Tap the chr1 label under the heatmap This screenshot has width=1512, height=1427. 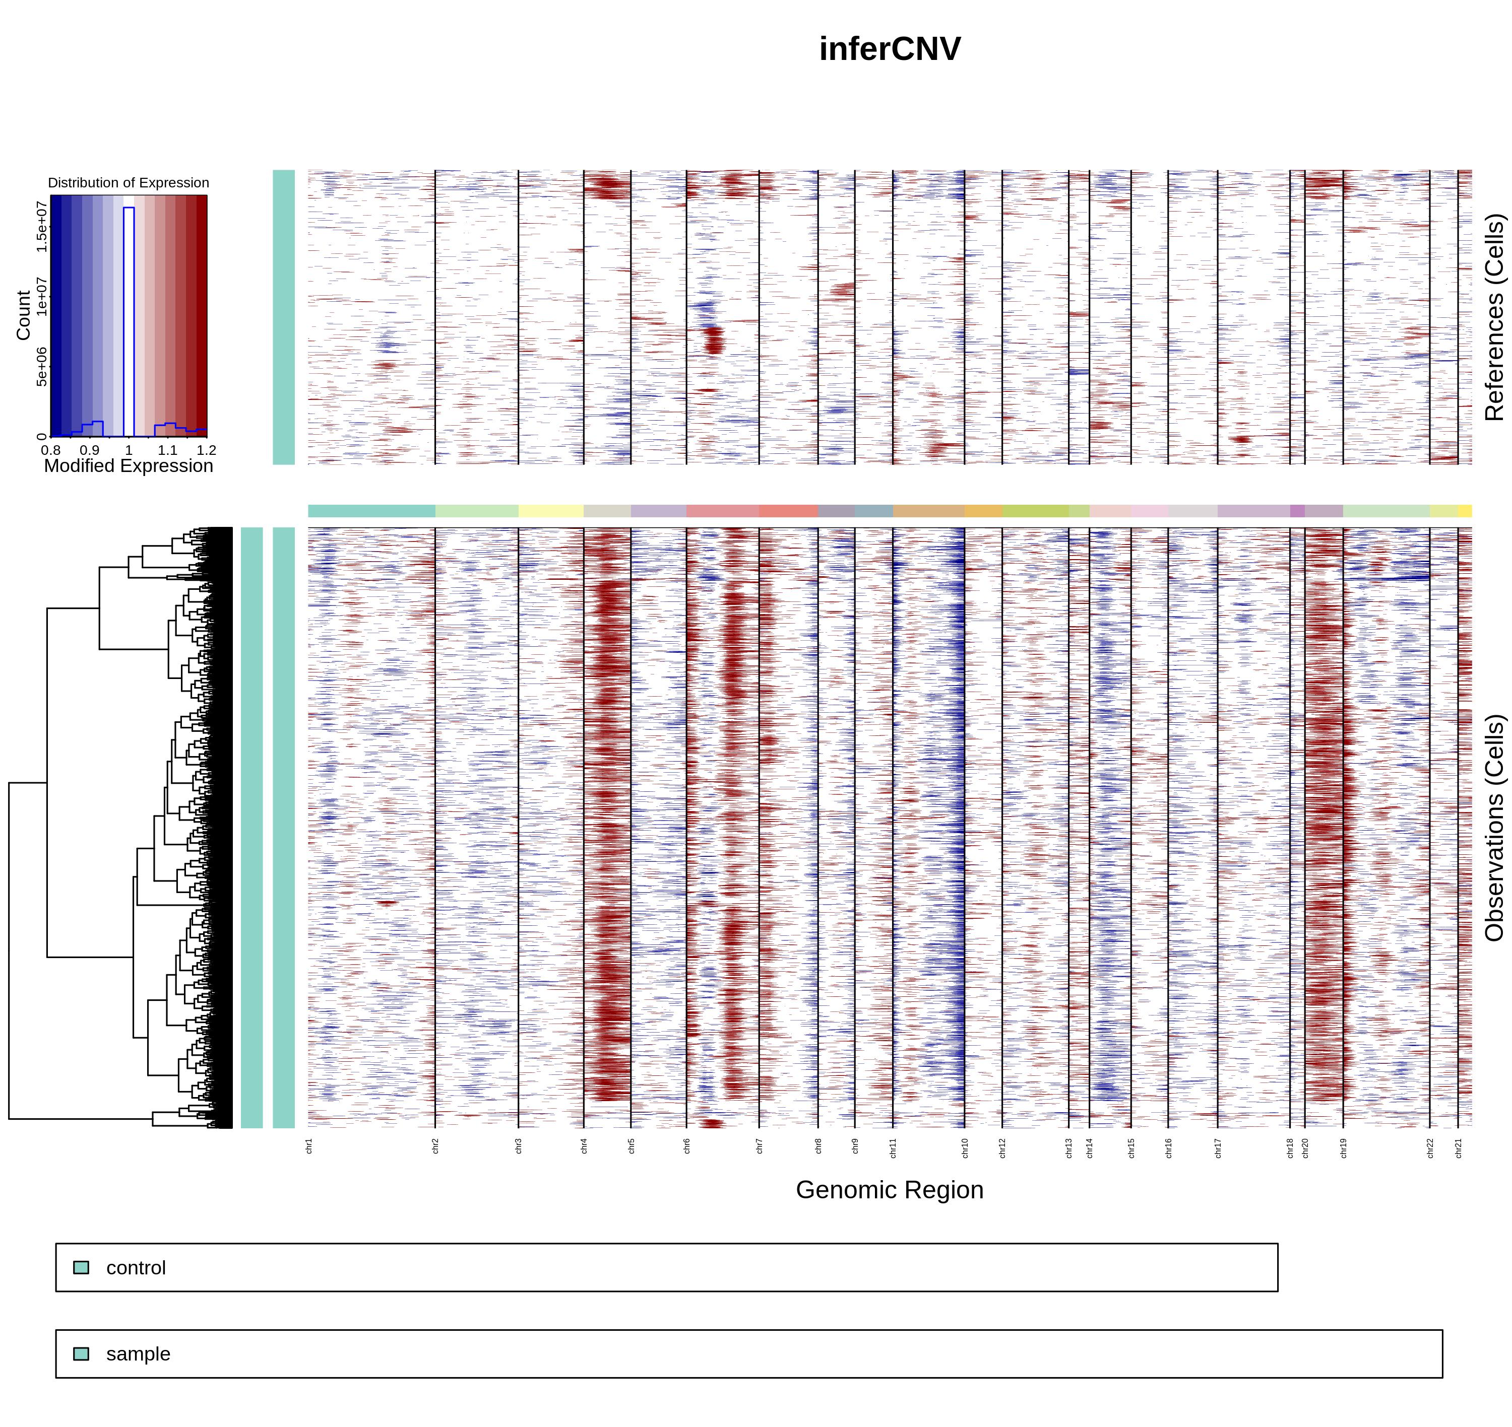click(309, 1146)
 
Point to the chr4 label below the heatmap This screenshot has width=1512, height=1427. click(585, 1146)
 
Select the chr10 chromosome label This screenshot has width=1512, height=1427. click(965, 1148)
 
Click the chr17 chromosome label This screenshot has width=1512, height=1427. click(1218, 1148)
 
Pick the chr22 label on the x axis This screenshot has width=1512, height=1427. click(1430, 1148)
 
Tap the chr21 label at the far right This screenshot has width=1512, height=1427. click(1458, 1148)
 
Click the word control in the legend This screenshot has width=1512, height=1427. click(136, 1268)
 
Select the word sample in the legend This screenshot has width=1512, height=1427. click(138, 1354)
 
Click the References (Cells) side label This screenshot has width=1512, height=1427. click(1494, 317)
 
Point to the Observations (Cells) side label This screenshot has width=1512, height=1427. click(1494, 828)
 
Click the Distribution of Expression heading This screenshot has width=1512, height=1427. click(129, 182)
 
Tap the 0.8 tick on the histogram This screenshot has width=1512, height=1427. click(51, 450)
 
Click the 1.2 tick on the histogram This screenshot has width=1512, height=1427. click(206, 450)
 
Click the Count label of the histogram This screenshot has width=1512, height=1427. click(24, 315)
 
